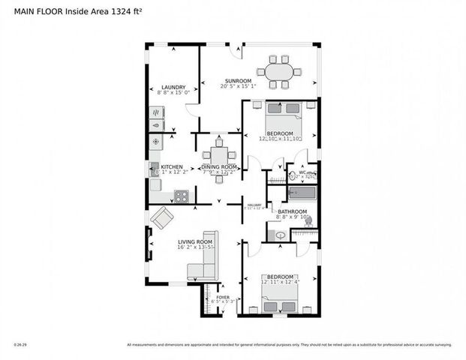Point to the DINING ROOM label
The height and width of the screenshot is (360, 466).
[x=219, y=166]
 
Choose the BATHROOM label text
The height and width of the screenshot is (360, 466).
[x=293, y=211]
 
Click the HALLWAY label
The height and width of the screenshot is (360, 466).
[x=256, y=204]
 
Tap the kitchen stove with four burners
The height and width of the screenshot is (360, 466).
[x=181, y=196]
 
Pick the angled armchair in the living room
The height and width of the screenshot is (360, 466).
[x=162, y=218]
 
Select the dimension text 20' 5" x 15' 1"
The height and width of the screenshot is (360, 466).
[x=238, y=86]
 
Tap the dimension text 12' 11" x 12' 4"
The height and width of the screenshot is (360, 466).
[x=280, y=283]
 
